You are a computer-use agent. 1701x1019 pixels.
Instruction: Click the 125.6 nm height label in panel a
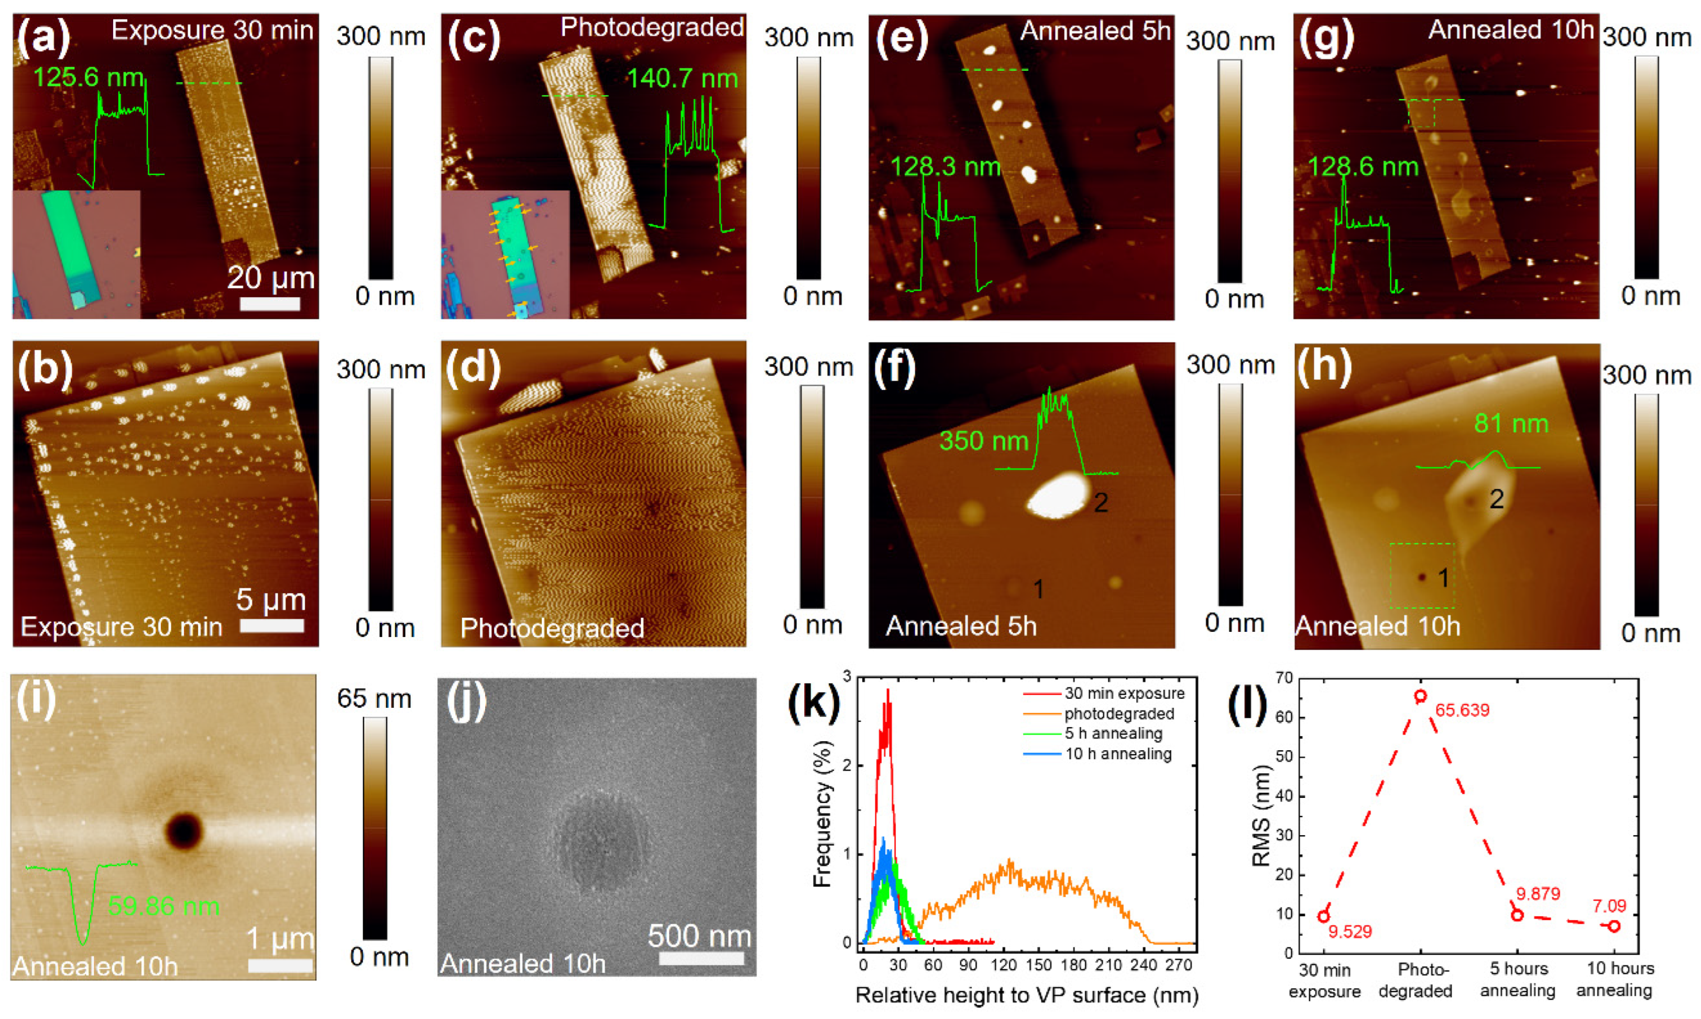pyautogui.click(x=88, y=78)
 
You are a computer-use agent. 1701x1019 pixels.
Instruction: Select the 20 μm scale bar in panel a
pyautogui.click(x=270, y=303)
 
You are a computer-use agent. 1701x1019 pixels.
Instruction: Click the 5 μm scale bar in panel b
pyautogui.click(x=272, y=625)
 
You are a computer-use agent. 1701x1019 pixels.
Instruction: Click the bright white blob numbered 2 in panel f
pyautogui.click(x=1058, y=495)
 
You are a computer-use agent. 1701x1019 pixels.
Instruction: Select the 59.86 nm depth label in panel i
pyautogui.click(x=164, y=906)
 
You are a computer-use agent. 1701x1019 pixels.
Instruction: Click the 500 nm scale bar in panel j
pyautogui.click(x=701, y=957)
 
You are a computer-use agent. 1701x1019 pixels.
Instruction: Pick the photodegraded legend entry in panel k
pyautogui.click(x=1119, y=714)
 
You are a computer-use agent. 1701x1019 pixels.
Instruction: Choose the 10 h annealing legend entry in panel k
pyautogui.click(x=1117, y=753)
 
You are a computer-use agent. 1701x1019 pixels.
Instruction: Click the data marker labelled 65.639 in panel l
pyautogui.click(x=1420, y=696)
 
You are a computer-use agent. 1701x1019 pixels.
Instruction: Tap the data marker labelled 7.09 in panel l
pyautogui.click(x=1614, y=926)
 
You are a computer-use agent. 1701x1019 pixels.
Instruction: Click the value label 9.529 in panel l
pyautogui.click(x=1349, y=932)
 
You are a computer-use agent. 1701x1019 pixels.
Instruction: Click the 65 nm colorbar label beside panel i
pyautogui.click(x=374, y=699)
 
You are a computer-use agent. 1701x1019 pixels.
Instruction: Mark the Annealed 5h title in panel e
pyautogui.click(x=1095, y=31)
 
